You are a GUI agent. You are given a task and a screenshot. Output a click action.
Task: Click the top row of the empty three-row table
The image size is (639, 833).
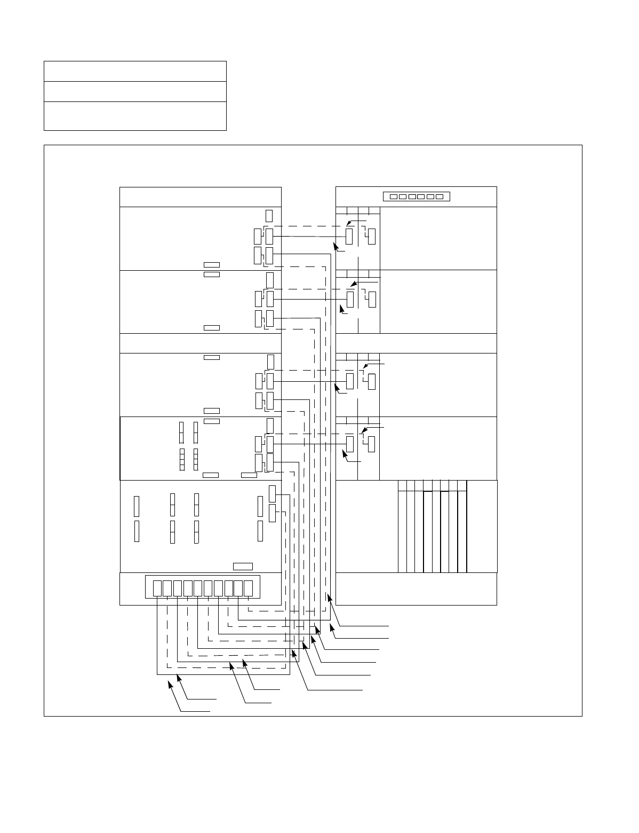tap(135, 71)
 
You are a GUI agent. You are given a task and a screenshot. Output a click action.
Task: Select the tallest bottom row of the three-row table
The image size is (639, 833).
tap(135, 116)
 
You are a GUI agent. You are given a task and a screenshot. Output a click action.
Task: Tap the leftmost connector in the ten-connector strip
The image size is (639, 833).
tap(157, 588)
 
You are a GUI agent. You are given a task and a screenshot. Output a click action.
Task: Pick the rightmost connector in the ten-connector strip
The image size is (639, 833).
tap(248, 588)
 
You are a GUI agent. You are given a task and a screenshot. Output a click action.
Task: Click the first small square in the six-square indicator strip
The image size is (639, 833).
tap(393, 197)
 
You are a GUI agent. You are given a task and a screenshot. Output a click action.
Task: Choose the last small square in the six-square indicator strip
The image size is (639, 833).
tap(439, 197)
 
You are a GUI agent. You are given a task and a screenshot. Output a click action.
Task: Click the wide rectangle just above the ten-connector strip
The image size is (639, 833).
tap(243, 566)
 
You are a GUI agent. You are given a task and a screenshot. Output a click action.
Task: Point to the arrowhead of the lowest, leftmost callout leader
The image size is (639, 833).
tap(170, 683)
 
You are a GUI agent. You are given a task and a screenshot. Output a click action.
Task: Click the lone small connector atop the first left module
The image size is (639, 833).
tap(269, 215)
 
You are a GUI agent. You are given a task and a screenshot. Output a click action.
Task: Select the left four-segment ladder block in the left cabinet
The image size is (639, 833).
tap(181, 460)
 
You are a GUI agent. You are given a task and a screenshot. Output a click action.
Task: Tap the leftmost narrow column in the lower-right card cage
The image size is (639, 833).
tap(403, 526)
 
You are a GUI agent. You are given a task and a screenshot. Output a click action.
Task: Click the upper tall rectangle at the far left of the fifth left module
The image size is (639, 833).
tap(137, 506)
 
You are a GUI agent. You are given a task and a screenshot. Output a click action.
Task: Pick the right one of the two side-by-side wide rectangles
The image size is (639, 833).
tap(249, 475)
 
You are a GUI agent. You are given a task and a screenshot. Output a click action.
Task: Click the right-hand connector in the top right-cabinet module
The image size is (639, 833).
tap(372, 236)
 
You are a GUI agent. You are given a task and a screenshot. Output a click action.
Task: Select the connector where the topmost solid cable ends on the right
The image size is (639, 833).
tap(349, 236)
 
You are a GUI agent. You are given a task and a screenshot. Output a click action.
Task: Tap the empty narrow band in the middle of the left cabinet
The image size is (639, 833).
tap(201, 343)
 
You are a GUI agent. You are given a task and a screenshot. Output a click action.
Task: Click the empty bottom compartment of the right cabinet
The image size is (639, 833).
tap(416, 588)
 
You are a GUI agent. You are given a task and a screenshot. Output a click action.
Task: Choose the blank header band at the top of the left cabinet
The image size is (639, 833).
tap(201, 197)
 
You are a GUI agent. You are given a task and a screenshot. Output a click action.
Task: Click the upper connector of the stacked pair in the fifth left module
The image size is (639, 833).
tap(273, 494)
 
